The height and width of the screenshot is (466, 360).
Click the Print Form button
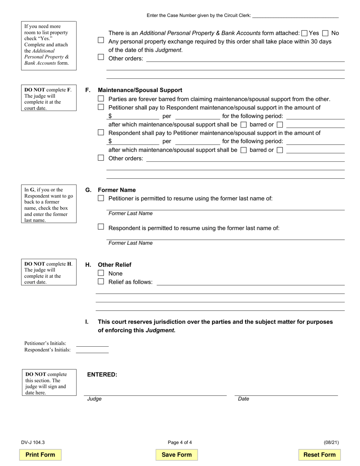[40, 455]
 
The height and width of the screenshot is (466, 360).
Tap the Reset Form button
[319, 455]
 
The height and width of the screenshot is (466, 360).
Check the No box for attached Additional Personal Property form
[325, 33]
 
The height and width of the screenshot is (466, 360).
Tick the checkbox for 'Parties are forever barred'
[101, 99]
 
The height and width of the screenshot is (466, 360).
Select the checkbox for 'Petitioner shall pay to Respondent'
[101, 107]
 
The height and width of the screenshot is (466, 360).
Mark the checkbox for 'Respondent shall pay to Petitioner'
[101, 133]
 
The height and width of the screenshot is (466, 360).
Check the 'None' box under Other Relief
[101, 273]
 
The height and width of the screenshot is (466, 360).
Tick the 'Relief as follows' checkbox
[101, 281]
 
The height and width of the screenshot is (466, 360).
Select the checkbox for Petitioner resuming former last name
[101, 198]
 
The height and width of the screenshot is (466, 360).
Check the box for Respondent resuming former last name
[101, 227]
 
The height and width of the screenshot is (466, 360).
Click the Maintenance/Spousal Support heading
[140, 90]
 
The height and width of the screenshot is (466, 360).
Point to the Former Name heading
[117, 190]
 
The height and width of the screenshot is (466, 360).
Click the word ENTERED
[102, 374]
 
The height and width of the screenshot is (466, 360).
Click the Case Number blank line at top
[295, 16]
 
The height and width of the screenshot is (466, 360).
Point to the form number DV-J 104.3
[33, 442]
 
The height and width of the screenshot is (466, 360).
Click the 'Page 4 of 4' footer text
[180, 442]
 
